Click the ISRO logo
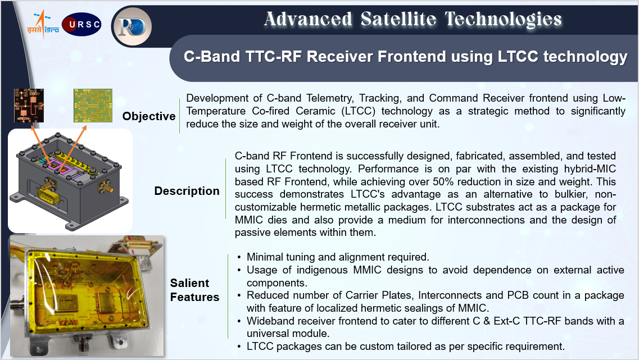pos(43,25)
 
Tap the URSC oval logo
pos(81,25)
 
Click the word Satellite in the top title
pos(398,19)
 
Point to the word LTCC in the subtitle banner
pos(518,57)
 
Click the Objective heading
pos(149,116)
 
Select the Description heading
pos(187,190)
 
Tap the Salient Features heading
pos(194,290)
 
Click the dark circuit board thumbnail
pos(29,106)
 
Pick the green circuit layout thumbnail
pos(93,106)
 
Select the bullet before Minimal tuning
pos(239,257)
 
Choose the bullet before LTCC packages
pos(239,347)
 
